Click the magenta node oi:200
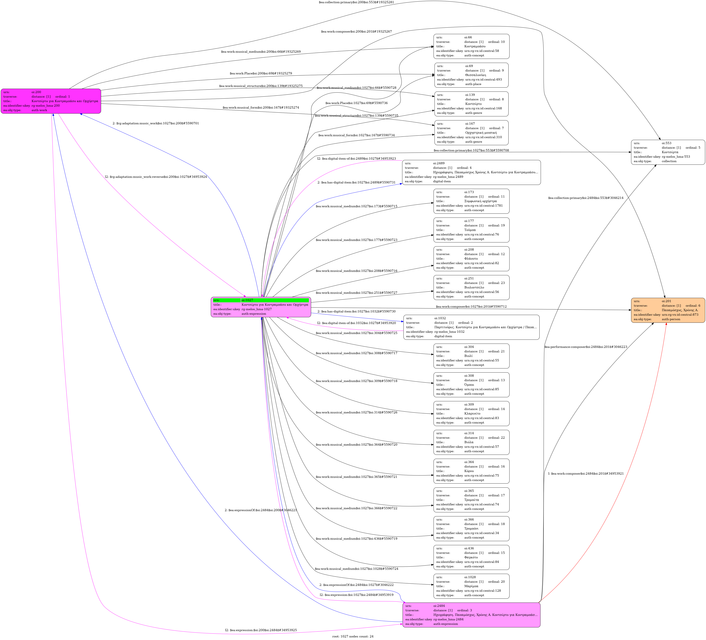click(x=51, y=101)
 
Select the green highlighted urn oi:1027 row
click(x=261, y=300)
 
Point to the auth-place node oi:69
click(x=471, y=75)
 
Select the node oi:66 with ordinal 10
click(x=471, y=46)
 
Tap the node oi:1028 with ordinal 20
click(x=471, y=586)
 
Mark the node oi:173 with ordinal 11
click(x=471, y=201)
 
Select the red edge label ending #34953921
click(x=586, y=474)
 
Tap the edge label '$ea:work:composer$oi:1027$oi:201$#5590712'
click(x=471, y=307)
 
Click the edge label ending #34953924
click(x=156, y=177)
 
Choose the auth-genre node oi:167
click(x=471, y=133)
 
